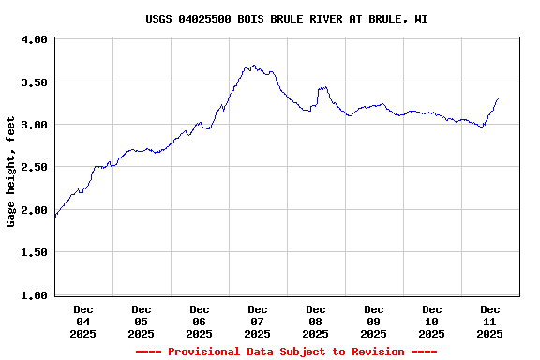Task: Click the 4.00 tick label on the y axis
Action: pyautogui.click(x=34, y=39)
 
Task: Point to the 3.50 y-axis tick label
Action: pyautogui.click(x=34, y=82)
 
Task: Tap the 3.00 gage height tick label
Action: pyautogui.click(x=34, y=125)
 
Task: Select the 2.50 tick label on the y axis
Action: pyautogui.click(x=34, y=167)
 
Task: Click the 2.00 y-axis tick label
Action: pyautogui.click(x=34, y=210)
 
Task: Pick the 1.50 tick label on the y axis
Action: pyautogui.click(x=34, y=252)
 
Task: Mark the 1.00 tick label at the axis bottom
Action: pyautogui.click(x=34, y=295)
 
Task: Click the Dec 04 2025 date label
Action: pyautogui.click(x=83, y=321)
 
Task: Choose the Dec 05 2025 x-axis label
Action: pyautogui.click(x=142, y=321)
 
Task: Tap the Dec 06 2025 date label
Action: pyautogui.click(x=200, y=321)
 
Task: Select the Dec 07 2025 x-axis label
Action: pyautogui.click(x=258, y=321)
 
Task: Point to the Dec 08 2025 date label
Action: pyautogui.click(x=316, y=321)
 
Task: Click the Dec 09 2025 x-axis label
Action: pyautogui.click(x=374, y=321)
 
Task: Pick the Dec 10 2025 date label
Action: pyautogui.click(x=432, y=321)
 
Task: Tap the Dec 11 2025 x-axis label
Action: pyautogui.click(x=490, y=321)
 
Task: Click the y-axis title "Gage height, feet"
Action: pyautogui.click(x=11, y=172)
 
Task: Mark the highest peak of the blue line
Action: pyautogui.click(x=254, y=66)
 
